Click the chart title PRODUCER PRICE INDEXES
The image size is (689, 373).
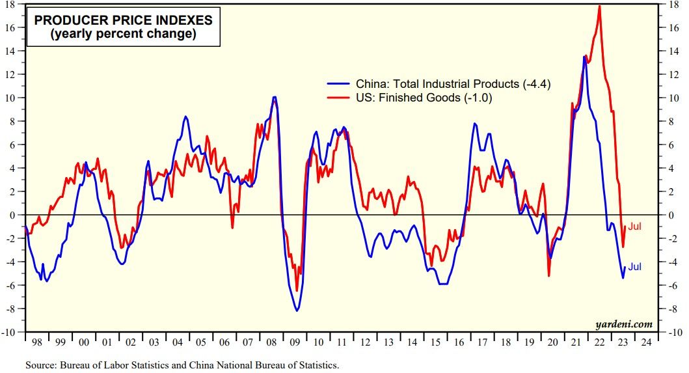[123, 20]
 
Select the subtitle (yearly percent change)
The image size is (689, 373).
[123, 34]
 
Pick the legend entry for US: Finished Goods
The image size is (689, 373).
[423, 98]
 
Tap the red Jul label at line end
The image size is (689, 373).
[635, 227]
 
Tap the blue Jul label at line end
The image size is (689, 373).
[635, 267]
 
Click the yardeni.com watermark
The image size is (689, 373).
[623, 324]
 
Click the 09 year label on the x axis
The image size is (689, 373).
[295, 342]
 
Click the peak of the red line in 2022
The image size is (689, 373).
[599, 6]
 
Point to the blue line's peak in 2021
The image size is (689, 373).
[584, 57]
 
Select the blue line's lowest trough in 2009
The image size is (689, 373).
[297, 311]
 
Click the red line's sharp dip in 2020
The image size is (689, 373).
[548, 276]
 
